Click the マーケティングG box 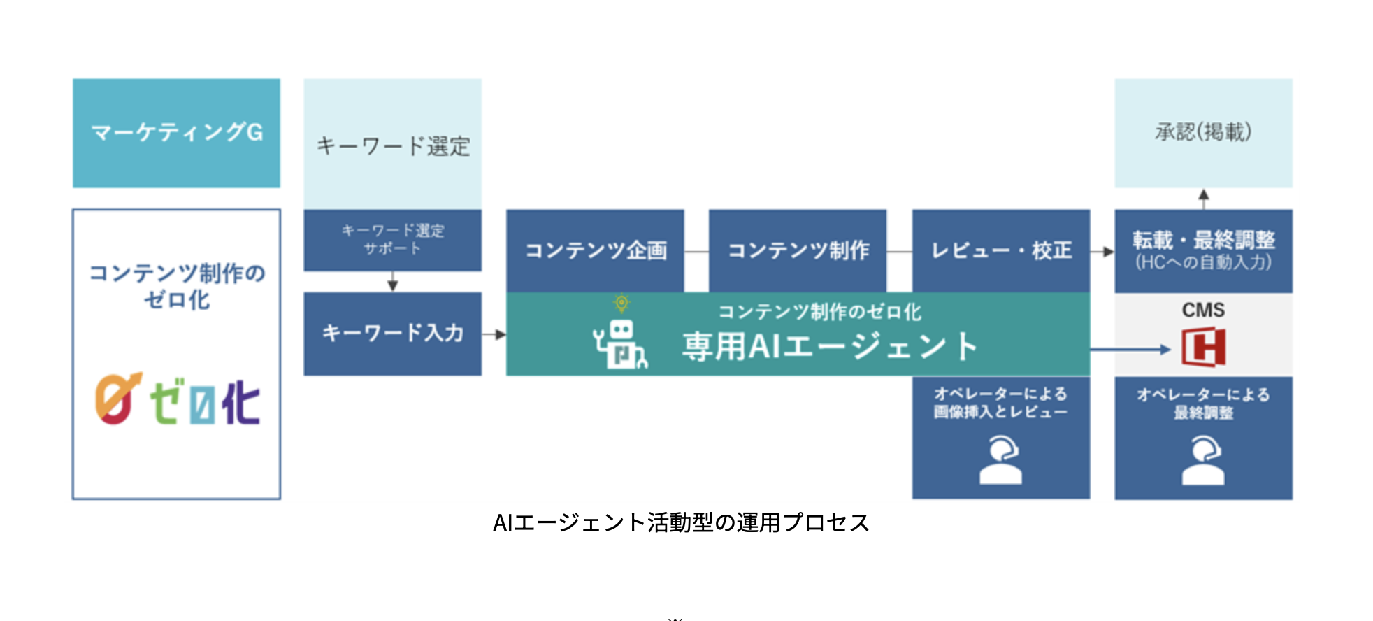[176, 133]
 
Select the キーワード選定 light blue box [392, 144]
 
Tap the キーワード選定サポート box [392, 240]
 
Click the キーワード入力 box [392, 334]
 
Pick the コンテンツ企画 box [595, 250]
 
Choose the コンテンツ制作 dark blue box [798, 250]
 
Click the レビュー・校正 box [1000, 250]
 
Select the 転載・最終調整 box [1203, 250]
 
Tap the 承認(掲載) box [1203, 132]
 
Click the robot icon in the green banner [620, 344]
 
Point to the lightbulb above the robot [621, 303]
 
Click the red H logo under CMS [1203, 347]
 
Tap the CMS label [1203, 310]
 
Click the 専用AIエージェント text [829, 346]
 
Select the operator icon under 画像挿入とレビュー [1000, 460]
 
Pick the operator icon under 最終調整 [1203, 460]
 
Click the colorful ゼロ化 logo [178, 400]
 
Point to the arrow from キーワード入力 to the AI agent [494, 334]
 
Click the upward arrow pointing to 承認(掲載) [1203, 198]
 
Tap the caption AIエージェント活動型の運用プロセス [681, 522]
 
